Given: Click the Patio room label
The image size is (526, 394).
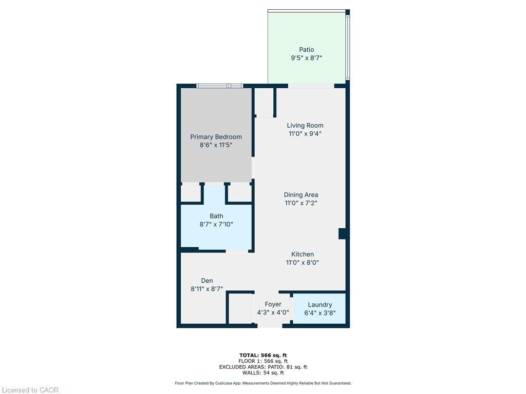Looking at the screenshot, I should click(x=306, y=50).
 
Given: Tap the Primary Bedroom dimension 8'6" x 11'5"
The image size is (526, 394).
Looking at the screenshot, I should click(x=216, y=145).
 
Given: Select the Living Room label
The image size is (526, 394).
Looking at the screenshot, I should click(x=305, y=125).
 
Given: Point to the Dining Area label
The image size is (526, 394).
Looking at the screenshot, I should click(x=300, y=194).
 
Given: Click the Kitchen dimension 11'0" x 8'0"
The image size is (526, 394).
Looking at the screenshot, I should click(x=302, y=263).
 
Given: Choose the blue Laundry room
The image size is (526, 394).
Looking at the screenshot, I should click(x=319, y=308).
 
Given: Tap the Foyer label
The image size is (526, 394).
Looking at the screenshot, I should click(x=273, y=304).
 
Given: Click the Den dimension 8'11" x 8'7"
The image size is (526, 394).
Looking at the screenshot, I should click(x=206, y=289).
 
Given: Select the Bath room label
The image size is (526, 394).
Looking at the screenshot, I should click(x=216, y=216).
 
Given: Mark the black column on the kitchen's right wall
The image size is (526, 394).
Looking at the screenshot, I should click(x=342, y=233).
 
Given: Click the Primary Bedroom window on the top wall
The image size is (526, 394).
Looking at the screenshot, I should click(x=220, y=86).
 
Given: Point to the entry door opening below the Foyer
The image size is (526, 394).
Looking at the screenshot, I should click(x=270, y=325).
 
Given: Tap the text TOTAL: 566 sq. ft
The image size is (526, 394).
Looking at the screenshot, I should click(x=262, y=355).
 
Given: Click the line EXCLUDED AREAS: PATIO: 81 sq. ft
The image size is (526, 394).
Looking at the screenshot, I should click(x=262, y=367).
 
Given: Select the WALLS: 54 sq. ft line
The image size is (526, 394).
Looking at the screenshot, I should click(x=262, y=372).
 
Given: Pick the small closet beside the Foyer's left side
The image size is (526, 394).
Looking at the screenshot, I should click(x=240, y=308).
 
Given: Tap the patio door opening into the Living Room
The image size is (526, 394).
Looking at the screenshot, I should click(x=310, y=86).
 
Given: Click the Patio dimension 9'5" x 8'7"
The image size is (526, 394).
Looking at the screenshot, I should click(x=306, y=58).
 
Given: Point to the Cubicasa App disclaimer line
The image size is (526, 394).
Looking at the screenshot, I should click(x=262, y=383).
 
